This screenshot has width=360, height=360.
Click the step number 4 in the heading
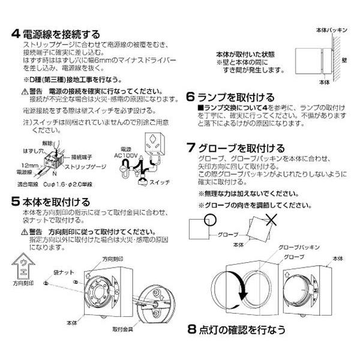pyautogui.click(x=16, y=34)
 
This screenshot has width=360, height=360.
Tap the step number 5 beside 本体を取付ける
pyautogui.click(x=16, y=201)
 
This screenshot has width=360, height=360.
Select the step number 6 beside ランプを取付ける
pyautogui.click(x=190, y=97)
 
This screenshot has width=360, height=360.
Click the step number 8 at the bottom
pyautogui.click(x=191, y=329)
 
